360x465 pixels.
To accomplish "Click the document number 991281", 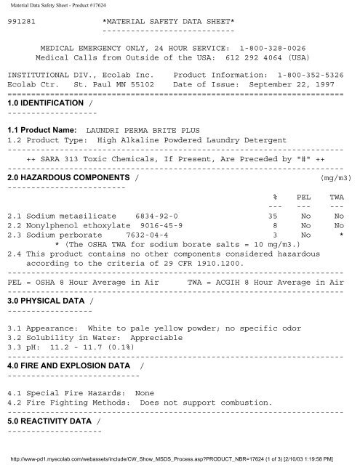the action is [x=21, y=23].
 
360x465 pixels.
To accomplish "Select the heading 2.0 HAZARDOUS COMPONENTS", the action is [x=67, y=177].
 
